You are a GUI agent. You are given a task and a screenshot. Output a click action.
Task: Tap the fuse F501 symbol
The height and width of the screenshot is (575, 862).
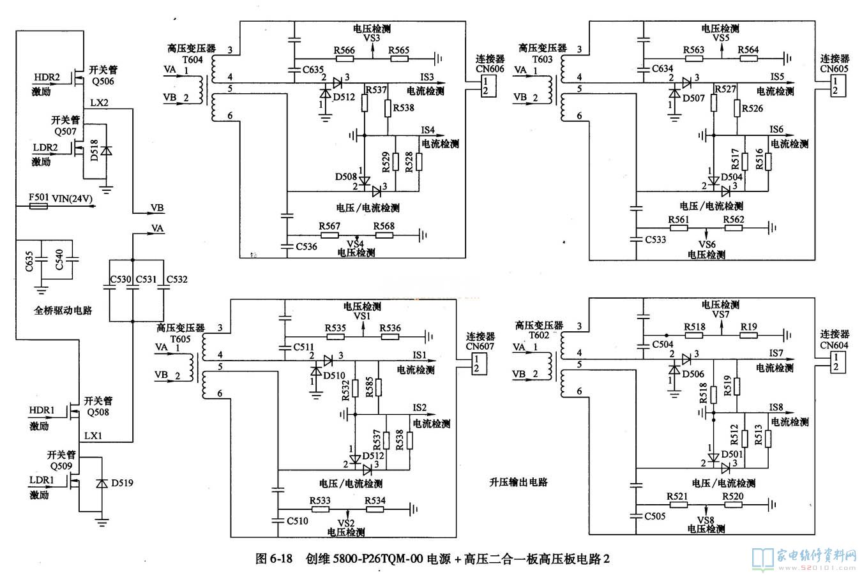coord(38,207)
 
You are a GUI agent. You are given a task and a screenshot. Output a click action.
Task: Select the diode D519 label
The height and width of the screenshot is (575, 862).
coord(122,482)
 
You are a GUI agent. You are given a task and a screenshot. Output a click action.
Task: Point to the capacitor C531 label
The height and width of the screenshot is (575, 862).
coord(146,280)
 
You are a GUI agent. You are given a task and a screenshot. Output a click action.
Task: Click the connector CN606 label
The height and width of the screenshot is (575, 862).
coord(489,68)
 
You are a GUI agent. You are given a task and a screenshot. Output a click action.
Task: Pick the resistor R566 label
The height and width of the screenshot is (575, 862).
coord(345,50)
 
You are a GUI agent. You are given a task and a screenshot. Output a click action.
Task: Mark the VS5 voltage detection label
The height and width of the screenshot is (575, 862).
coord(721,38)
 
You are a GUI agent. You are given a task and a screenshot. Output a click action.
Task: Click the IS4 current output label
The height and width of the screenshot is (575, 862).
coord(427,130)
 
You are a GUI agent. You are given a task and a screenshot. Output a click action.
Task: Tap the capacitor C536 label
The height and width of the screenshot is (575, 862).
coord(306,246)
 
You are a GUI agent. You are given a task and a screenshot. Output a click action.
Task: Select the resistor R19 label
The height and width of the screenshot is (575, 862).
coord(749,327)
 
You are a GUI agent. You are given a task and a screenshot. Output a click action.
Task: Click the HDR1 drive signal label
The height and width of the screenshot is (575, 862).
coord(42,409)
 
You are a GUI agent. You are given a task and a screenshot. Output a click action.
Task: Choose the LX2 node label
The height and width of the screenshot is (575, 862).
coord(99,102)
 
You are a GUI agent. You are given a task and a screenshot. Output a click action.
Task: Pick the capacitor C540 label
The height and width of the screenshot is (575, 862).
coord(59,260)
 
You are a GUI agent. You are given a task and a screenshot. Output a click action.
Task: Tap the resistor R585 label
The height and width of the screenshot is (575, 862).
coord(370,387)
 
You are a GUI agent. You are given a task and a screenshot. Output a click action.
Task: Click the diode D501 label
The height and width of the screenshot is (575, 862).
coord(732,454)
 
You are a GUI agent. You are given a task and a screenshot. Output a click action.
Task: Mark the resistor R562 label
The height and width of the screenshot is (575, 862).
coord(734,220)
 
